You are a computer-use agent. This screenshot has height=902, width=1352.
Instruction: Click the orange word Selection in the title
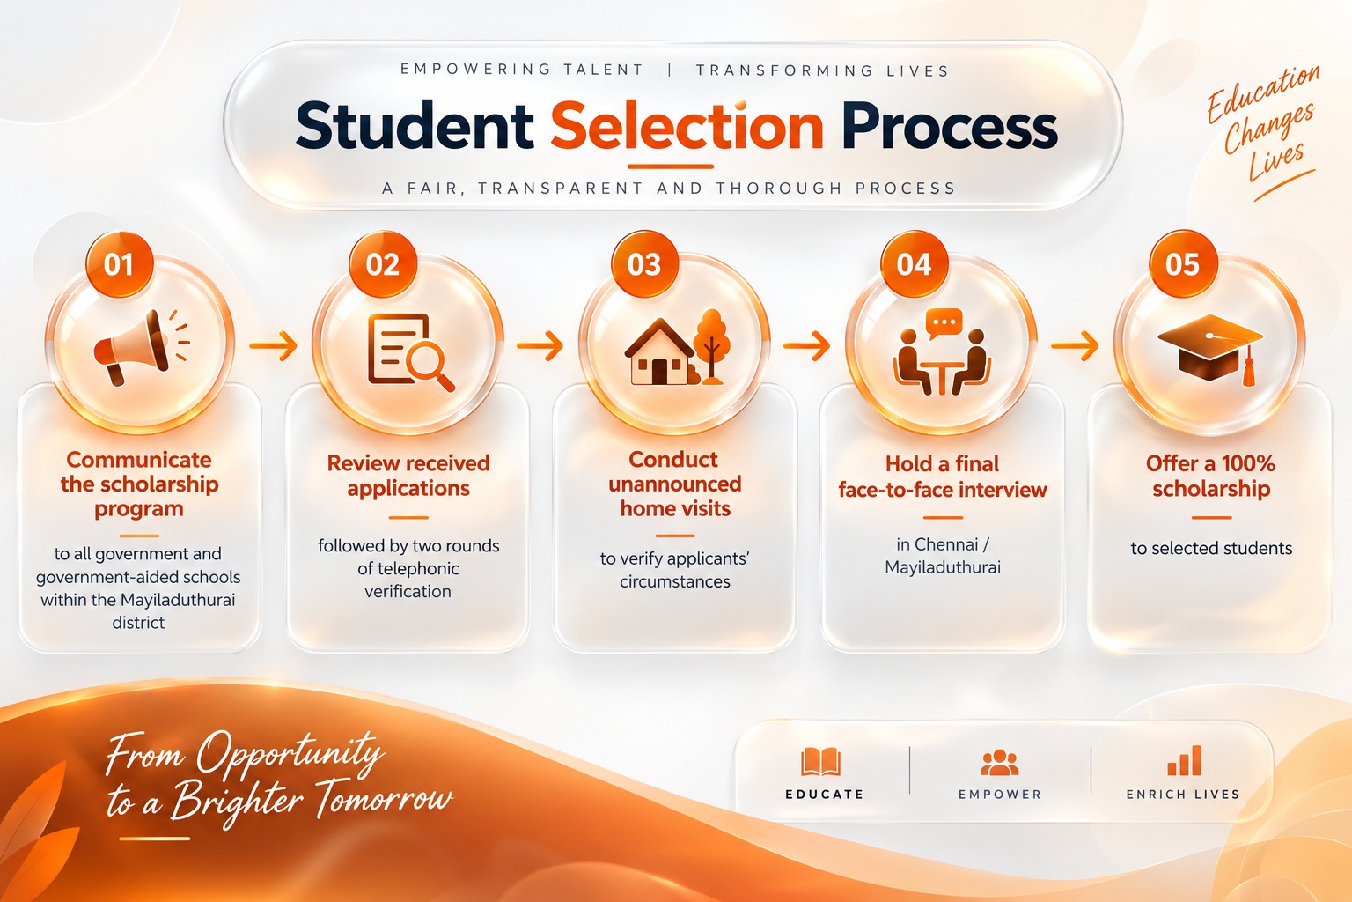click(x=687, y=126)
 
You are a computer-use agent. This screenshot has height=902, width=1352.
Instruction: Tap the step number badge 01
click(x=119, y=264)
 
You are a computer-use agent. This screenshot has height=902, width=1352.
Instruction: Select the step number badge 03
click(x=644, y=264)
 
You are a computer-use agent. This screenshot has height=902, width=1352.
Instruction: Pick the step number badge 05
click(x=1183, y=264)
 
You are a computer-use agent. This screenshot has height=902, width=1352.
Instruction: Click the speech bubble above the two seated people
click(x=944, y=323)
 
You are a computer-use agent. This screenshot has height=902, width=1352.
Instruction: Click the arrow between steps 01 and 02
click(x=274, y=345)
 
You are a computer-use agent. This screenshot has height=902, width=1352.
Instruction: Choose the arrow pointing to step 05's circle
click(x=1075, y=345)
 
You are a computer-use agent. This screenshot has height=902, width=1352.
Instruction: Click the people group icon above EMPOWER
click(x=1000, y=763)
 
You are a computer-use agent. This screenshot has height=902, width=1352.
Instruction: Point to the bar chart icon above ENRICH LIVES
click(x=1184, y=760)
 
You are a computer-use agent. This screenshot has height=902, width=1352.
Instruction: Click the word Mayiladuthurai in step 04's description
click(x=943, y=567)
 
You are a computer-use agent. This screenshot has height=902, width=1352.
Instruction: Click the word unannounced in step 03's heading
click(x=675, y=484)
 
